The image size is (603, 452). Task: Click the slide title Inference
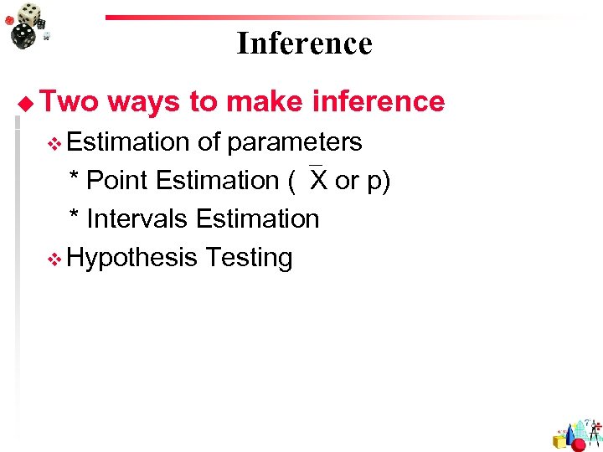(304, 43)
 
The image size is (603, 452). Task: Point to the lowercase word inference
(378, 101)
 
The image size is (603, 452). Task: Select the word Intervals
(137, 218)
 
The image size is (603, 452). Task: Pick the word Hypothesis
(131, 258)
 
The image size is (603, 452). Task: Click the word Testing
(249, 258)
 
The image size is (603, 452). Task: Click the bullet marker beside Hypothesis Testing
(55, 259)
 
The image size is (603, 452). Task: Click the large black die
(23, 36)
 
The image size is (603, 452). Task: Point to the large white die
(31, 14)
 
